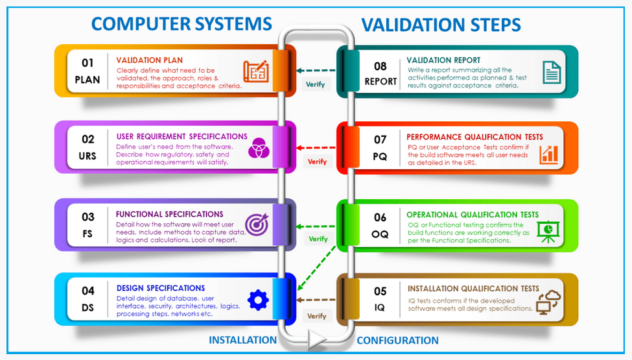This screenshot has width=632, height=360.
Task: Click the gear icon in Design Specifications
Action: click(x=258, y=299)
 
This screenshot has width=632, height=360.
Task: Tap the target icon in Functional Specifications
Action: click(x=256, y=224)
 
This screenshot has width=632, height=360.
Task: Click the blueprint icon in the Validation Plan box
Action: click(x=255, y=71)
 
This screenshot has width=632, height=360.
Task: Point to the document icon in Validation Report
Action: click(x=551, y=71)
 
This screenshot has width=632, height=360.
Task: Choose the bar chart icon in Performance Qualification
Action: click(x=550, y=154)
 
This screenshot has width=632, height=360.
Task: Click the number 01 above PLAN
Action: click(x=88, y=63)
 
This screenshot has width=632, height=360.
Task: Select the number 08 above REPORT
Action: click(x=380, y=66)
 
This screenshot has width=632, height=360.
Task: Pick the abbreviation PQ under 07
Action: click(x=380, y=156)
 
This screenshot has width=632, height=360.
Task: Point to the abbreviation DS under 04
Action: click(x=88, y=307)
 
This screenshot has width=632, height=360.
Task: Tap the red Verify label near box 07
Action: click(x=318, y=162)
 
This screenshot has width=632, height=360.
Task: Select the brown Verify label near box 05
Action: click(x=317, y=316)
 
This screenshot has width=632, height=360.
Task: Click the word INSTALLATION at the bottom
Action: click(x=242, y=340)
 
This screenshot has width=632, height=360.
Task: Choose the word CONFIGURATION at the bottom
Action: click(x=397, y=341)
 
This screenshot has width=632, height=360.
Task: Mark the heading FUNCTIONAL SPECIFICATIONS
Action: click(x=170, y=214)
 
